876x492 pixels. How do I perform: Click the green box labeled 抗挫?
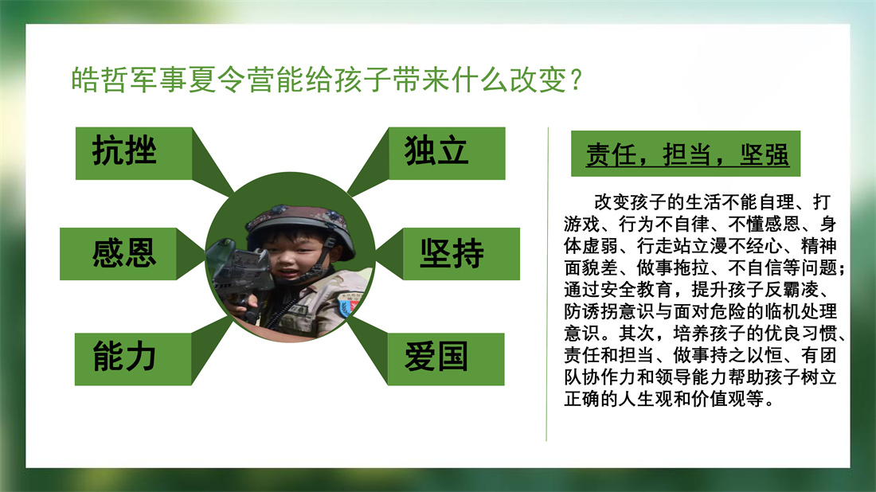click(x=134, y=154)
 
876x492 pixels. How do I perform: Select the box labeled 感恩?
click(x=119, y=253)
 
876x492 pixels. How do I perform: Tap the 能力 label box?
click(x=133, y=359)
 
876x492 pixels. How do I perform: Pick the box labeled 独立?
click(x=447, y=154)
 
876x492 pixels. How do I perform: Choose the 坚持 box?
click(x=461, y=253)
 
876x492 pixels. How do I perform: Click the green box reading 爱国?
click(x=446, y=359)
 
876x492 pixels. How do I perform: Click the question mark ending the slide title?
click(x=577, y=80)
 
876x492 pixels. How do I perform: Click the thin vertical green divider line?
click(x=548, y=284)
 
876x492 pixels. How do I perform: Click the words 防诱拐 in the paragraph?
click(x=591, y=311)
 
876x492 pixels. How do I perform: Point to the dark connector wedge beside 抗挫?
click(x=213, y=161)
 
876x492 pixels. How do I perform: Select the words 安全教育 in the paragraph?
click(x=637, y=289)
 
